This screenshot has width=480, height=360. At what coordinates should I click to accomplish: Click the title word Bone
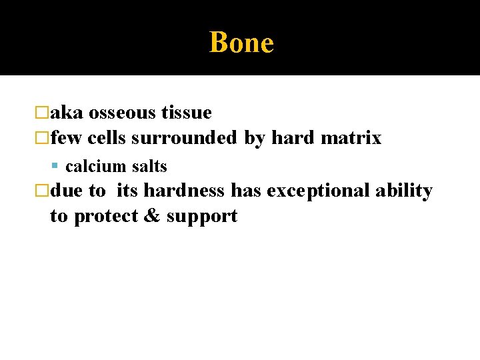click(241, 43)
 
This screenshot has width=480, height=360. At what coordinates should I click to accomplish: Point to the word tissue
click(187, 113)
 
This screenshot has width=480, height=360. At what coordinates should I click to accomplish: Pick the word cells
click(107, 138)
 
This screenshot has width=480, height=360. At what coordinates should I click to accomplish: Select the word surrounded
click(184, 138)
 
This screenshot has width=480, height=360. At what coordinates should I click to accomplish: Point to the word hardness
click(185, 191)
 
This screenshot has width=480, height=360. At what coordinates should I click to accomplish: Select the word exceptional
click(318, 191)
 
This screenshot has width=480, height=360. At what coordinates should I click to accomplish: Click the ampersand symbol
click(153, 216)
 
